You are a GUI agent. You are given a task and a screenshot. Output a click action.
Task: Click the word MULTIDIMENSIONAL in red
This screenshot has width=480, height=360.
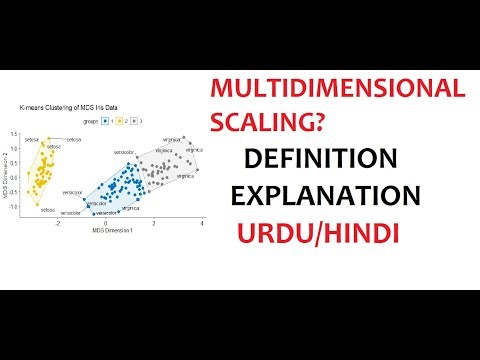coord(338,90)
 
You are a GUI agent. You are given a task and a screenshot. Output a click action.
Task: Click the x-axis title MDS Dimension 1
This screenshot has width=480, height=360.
coord(112,231)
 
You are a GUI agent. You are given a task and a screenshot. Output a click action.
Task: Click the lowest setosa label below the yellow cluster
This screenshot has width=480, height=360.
coord(48,209)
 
